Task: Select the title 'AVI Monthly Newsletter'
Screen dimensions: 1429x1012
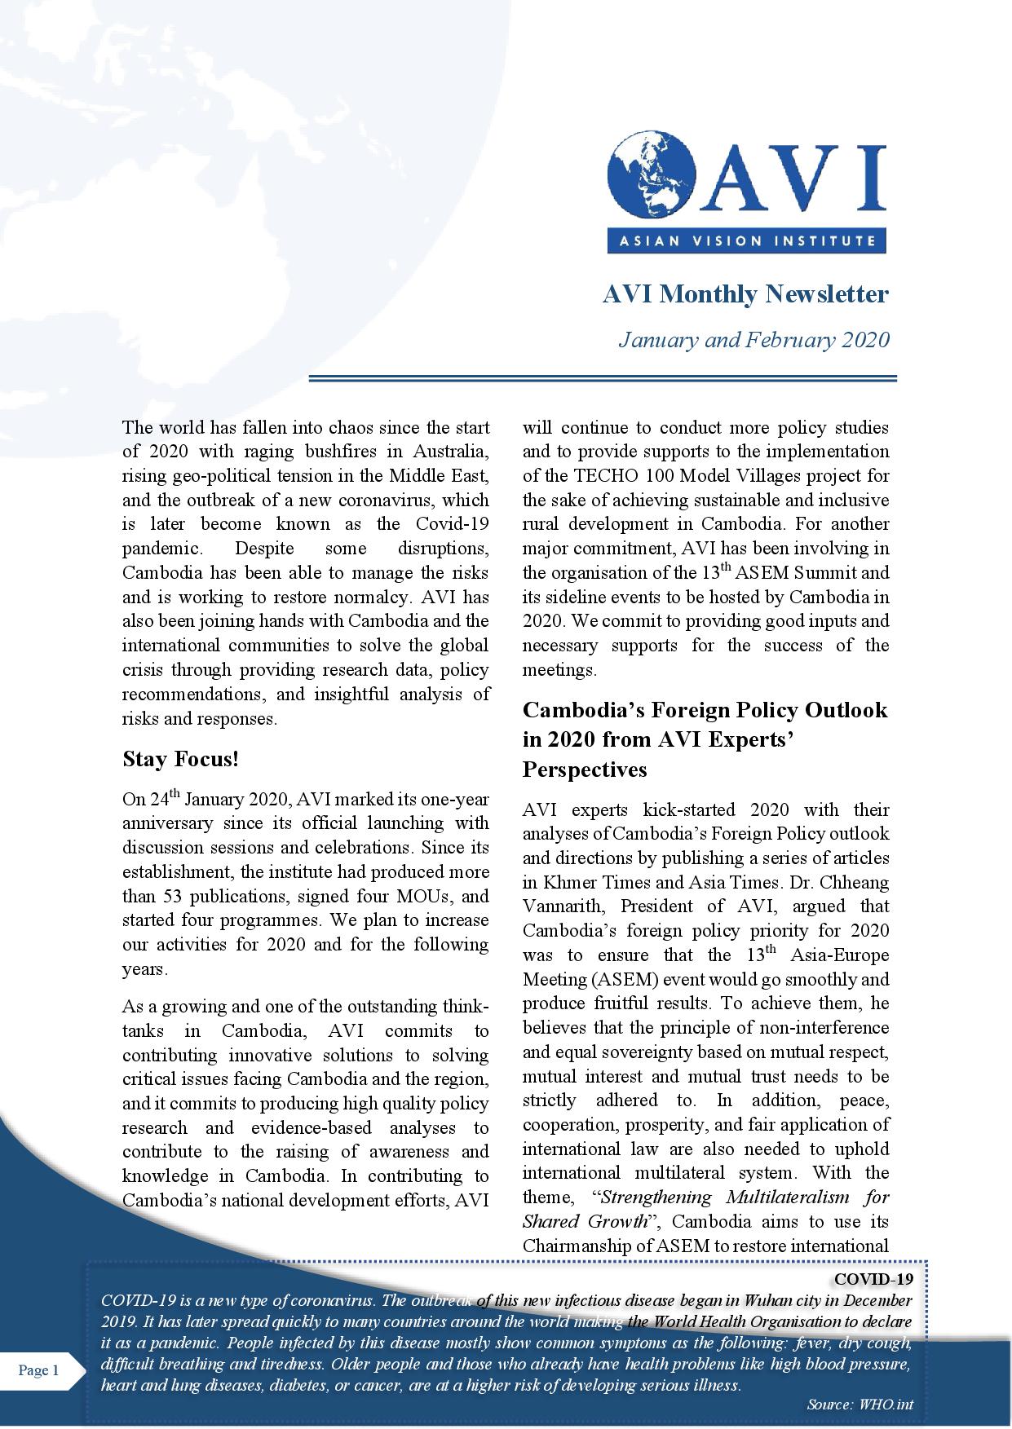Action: tap(745, 293)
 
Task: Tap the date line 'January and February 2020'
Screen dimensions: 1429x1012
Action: tap(753, 339)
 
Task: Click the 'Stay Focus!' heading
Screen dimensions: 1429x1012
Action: tap(180, 760)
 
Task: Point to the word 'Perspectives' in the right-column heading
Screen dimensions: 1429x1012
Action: tap(585, 770)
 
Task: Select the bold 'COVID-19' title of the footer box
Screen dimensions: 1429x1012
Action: tap(874, 1278)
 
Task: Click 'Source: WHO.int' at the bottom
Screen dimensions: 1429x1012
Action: tap(860, 1405)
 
